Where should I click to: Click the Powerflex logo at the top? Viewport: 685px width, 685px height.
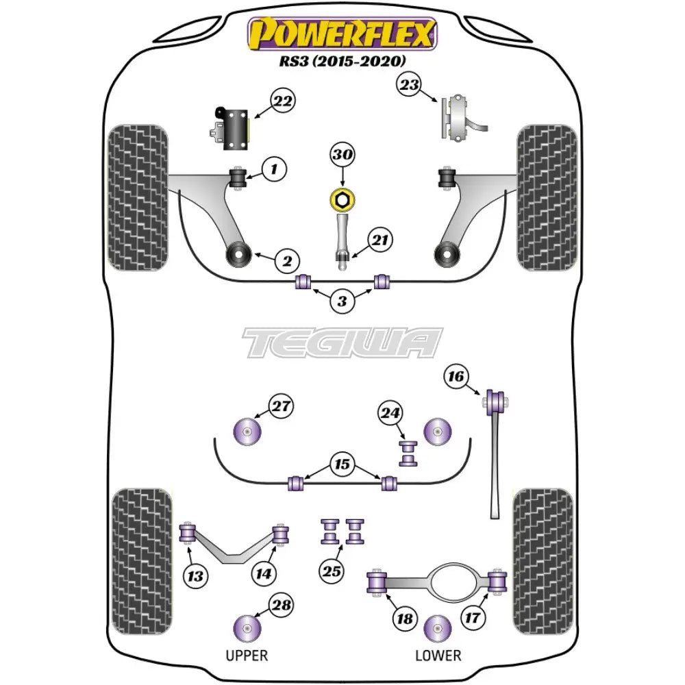tap(342, 32)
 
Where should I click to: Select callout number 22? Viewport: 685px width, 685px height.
tap(282, 102)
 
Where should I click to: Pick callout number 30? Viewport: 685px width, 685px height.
tap(342, 156)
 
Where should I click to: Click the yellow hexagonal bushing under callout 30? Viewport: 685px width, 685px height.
tap(342, 199)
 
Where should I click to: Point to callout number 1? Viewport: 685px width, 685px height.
tap(273, 167)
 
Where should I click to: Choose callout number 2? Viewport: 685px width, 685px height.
tap(287, 260)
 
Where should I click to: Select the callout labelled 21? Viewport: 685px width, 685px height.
tap(379, 240)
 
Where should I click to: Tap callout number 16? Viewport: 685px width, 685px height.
tap(457, 376)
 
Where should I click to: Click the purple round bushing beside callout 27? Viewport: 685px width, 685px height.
tap(248, 432)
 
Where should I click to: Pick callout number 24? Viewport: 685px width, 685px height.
tap(390, 412)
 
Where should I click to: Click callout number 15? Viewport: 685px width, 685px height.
tap(342, 464)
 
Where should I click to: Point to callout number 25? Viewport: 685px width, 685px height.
tap(332, 569)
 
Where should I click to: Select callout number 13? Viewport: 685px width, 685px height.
tap(195, 576)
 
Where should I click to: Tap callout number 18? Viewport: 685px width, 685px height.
tap(404, 619)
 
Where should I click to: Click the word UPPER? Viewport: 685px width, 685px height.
tap(247, 656)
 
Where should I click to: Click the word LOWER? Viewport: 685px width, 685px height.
tap(438, 656)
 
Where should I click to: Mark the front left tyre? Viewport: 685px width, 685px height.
tap(138, 197)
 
